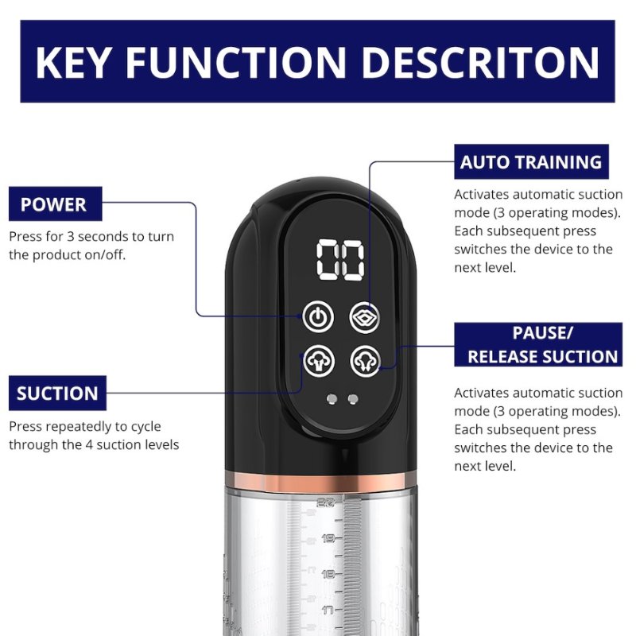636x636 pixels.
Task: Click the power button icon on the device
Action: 319,316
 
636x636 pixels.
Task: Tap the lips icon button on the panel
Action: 365,317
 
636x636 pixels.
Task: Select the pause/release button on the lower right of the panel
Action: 366,361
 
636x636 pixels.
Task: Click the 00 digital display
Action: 340,260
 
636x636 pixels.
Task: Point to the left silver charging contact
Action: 332,399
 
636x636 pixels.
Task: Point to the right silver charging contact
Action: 353,399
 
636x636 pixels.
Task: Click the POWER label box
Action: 55,204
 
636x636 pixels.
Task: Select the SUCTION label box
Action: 57,393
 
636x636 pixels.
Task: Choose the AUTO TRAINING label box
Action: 531,161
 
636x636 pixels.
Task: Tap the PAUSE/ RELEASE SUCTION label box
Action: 538,345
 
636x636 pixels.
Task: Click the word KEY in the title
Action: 72,62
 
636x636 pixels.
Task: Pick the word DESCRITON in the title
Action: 480,62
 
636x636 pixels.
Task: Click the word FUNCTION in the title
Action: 235,62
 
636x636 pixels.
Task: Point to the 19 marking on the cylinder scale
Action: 328,539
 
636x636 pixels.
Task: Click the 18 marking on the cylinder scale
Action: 328,574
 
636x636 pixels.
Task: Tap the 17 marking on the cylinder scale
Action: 328,610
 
